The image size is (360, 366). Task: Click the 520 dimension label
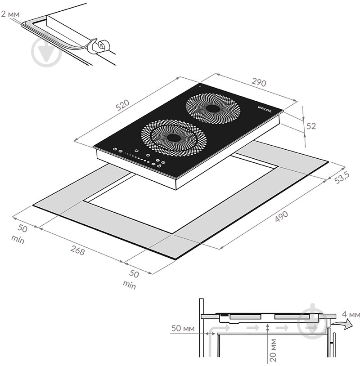[x=122, y=105]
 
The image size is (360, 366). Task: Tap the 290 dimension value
[x=259, y=82]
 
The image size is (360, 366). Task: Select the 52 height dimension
[x=311, y=126]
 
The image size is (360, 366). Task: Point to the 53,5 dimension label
[x=342, y=178]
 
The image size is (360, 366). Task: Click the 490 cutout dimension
[x=282, y=217]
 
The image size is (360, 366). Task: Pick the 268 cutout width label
[x=77, y=250]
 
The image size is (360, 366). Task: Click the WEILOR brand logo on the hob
[x=265, y=109]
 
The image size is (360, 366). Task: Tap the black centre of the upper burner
[x=213, y=108]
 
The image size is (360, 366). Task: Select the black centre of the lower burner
[x=174, y=138]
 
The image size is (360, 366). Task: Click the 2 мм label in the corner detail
[x=10, y=14]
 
